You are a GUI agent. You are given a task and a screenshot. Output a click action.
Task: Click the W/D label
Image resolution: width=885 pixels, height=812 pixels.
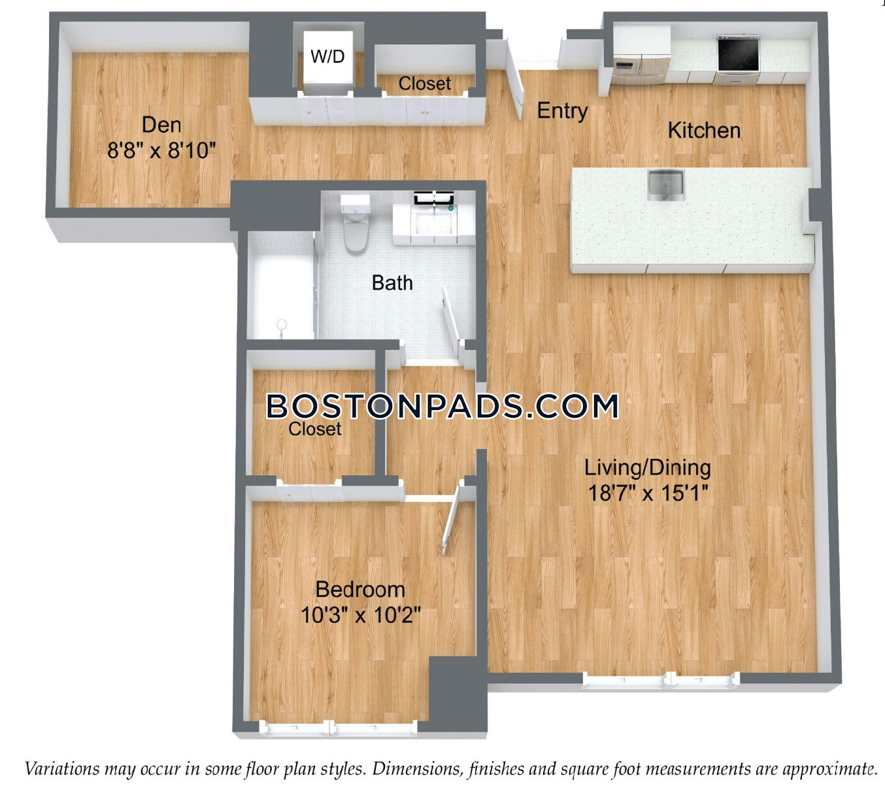click(327, 56)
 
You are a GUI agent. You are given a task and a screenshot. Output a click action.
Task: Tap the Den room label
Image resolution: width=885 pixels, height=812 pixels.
click(161, 125)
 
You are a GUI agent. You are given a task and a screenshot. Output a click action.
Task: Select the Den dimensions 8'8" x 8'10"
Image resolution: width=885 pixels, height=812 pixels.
click(161, 150)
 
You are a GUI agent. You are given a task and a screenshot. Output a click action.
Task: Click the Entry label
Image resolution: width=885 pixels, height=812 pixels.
click(563, 110)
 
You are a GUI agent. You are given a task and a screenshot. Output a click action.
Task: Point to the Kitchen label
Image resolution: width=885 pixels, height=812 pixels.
click(704, 131)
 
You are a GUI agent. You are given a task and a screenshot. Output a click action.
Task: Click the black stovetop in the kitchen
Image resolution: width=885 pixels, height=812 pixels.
click(739, 54)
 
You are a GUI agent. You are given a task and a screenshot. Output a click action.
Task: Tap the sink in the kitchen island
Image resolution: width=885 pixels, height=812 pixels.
click(666, 185)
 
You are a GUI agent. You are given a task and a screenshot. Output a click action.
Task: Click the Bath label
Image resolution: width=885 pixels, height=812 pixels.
click(392, 283)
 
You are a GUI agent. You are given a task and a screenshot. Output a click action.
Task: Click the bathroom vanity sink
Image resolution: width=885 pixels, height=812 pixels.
click(434, 218)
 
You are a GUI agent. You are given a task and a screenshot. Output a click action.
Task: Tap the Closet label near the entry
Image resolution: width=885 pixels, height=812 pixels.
click(424, 84)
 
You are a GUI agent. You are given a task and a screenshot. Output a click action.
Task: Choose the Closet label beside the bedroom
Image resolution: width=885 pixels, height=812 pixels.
click(315, 429)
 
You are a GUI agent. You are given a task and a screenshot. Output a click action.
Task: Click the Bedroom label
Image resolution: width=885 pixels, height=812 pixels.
click(360, 590)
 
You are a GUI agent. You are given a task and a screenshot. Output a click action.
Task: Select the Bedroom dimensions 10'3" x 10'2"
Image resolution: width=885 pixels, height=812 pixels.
click(360, 615)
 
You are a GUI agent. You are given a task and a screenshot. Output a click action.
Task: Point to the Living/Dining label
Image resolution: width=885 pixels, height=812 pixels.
click(648, 468)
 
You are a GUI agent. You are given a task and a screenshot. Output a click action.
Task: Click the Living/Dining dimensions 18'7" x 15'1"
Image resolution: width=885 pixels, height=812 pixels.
click(648, 493)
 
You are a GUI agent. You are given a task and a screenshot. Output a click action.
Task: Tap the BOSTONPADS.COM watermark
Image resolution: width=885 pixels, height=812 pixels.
click(442, 406)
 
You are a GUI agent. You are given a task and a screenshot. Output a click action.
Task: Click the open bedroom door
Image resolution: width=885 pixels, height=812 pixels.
click(453, 516)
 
